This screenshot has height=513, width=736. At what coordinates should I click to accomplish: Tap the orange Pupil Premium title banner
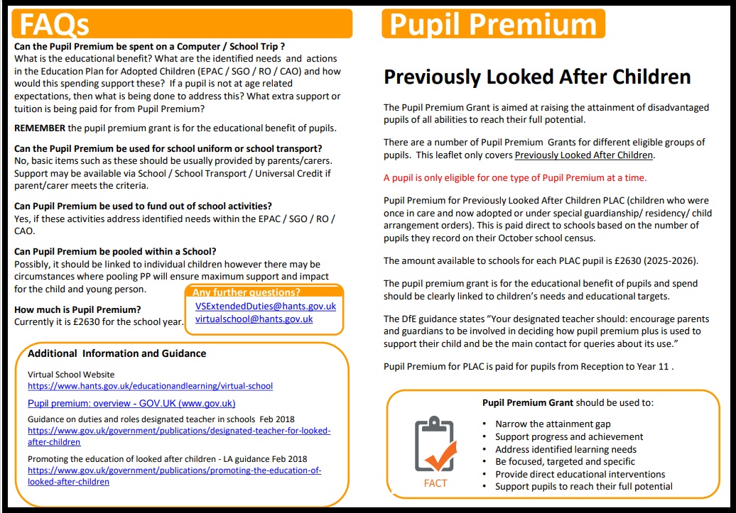point(492,23)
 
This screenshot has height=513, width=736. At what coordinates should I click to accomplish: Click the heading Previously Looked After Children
point(537,77)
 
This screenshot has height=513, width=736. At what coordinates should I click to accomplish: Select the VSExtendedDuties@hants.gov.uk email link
point(265,306)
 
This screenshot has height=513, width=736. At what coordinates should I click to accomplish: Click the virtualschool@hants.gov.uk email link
point(254,319)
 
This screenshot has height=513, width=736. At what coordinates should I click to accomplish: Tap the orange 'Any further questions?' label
point(247,292)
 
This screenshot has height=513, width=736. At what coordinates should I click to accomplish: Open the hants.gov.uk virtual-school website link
point(150,386)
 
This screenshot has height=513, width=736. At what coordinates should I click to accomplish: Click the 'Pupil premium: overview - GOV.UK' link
point(131,403)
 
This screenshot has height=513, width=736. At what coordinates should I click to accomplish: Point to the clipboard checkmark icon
point(434,444)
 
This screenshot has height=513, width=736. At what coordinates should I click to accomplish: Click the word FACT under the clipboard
point(435,483)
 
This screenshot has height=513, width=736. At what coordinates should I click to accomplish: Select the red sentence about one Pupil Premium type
point(515,177)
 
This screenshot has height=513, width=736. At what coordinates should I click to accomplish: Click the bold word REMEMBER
point(40,128)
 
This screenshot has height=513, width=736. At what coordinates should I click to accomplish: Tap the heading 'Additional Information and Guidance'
point(117,353)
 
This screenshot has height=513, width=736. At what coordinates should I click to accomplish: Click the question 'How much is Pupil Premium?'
point(77,309)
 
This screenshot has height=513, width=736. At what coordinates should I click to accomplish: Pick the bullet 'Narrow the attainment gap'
point(553,424)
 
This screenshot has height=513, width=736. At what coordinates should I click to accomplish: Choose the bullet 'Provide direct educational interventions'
point(580,474)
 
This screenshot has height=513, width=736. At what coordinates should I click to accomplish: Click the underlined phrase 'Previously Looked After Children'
point(583,155)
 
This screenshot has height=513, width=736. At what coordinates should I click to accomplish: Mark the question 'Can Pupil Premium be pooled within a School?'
point(115,251)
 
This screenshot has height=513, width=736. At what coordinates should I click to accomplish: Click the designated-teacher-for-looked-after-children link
point(178,436)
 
